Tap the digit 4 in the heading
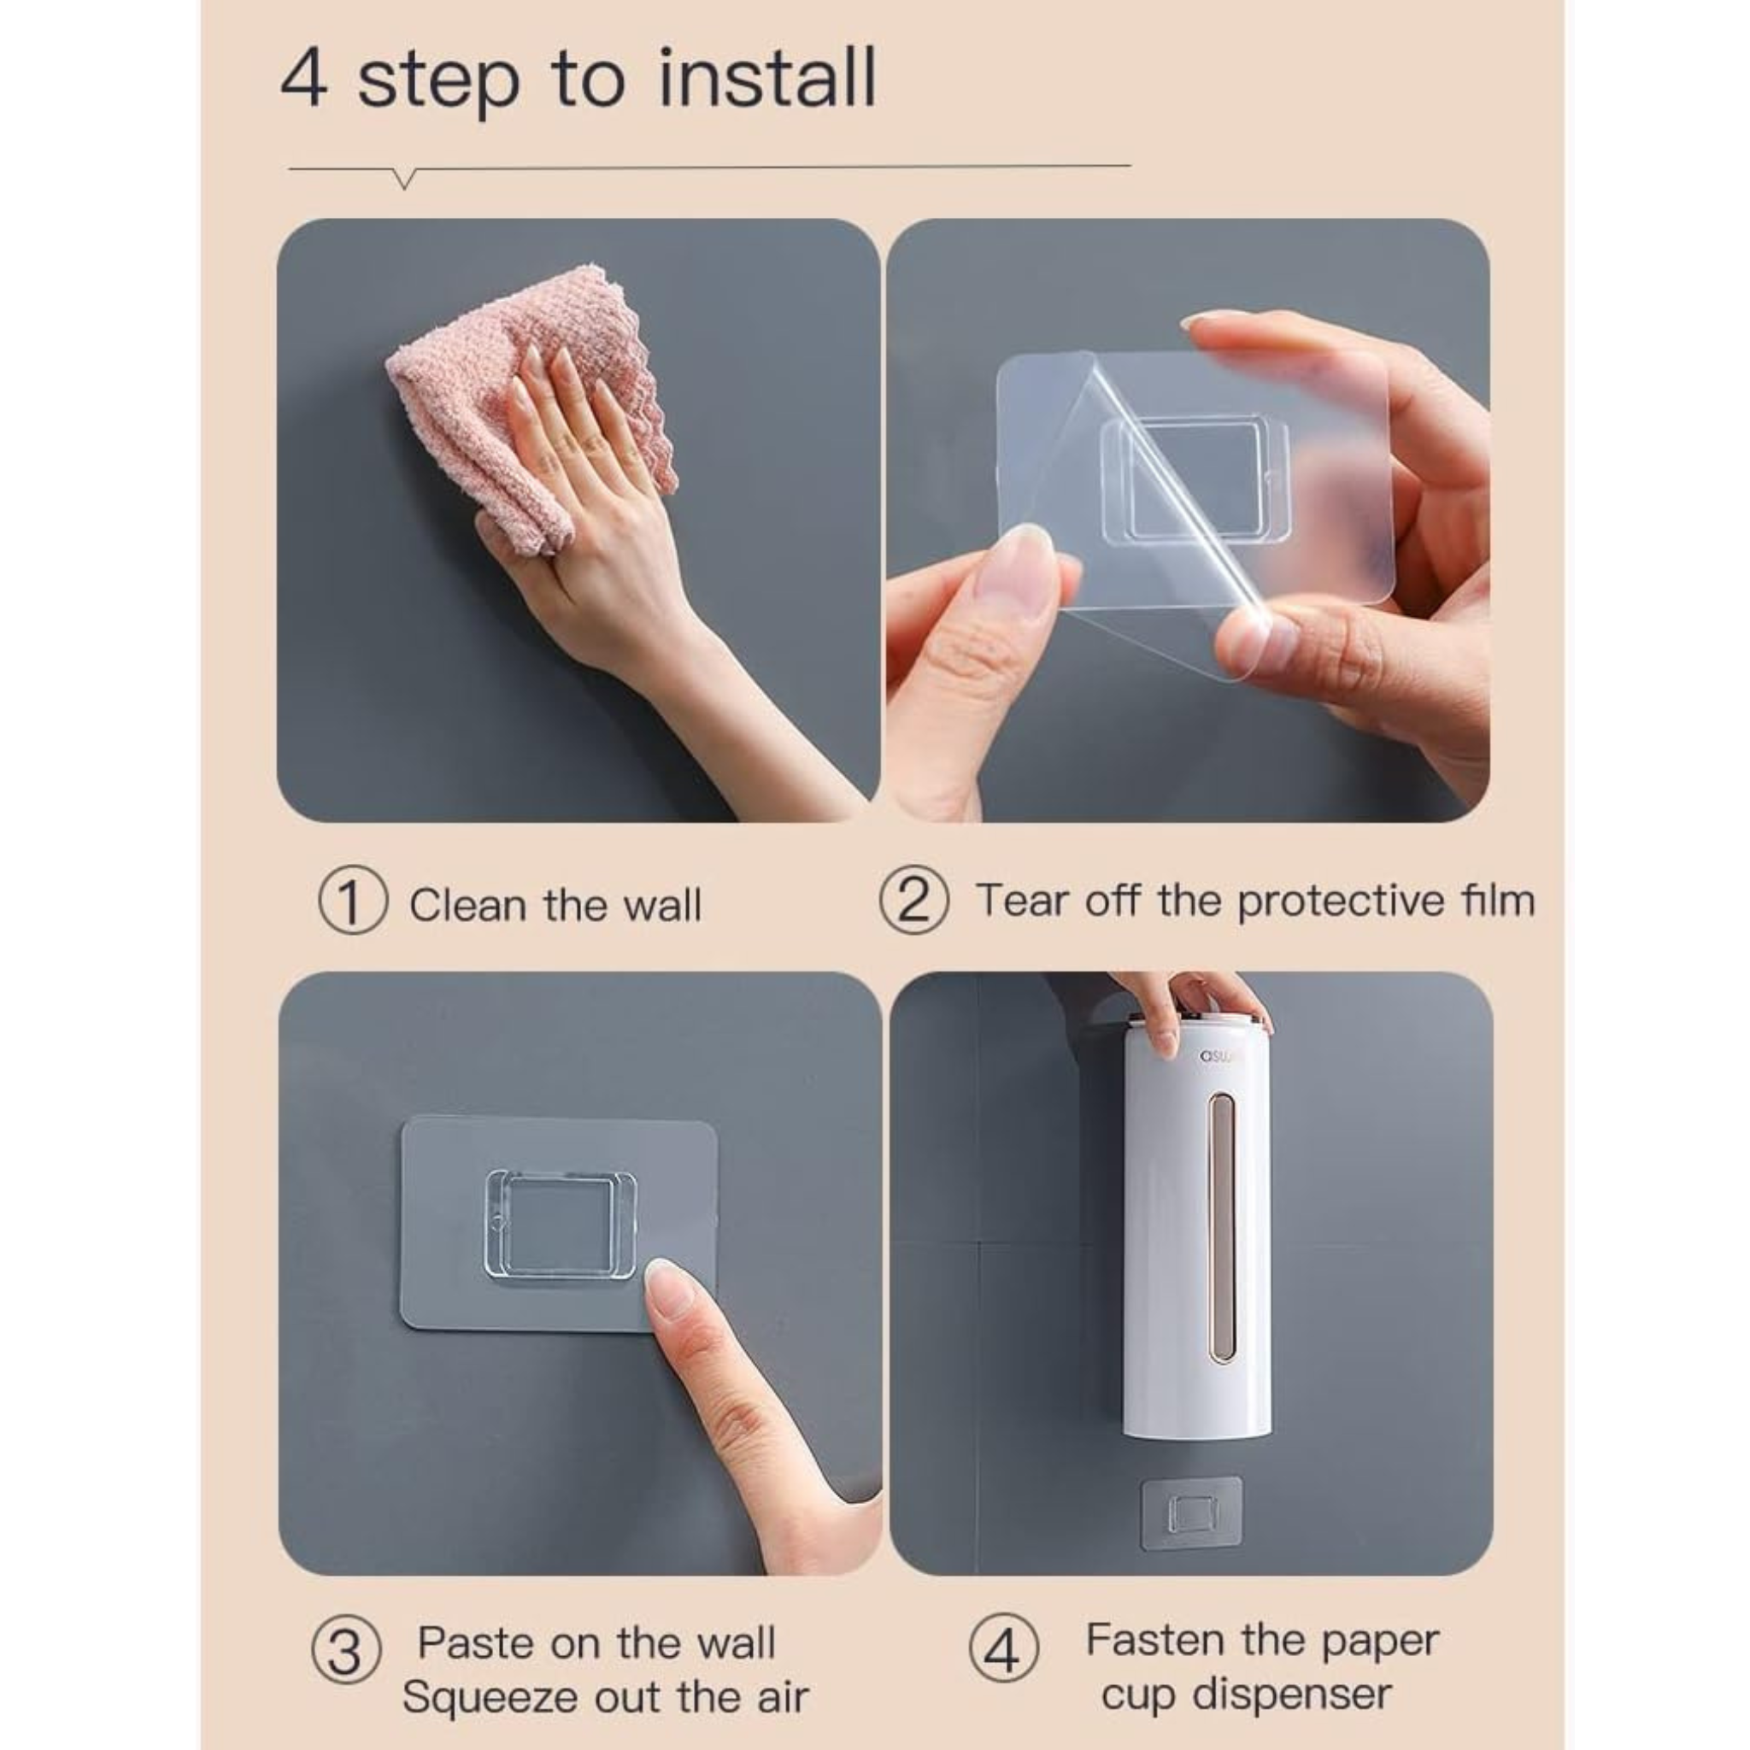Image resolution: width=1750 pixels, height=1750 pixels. pyautogui.click(x=303, y=79)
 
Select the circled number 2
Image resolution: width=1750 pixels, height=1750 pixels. pyautogui.click(x=914, y=900)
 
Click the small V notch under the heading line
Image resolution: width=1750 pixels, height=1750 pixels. pyautogui.click(x=405, y=179)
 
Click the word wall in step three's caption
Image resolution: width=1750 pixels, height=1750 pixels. pyautogui.click(x=735, y=1642)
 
